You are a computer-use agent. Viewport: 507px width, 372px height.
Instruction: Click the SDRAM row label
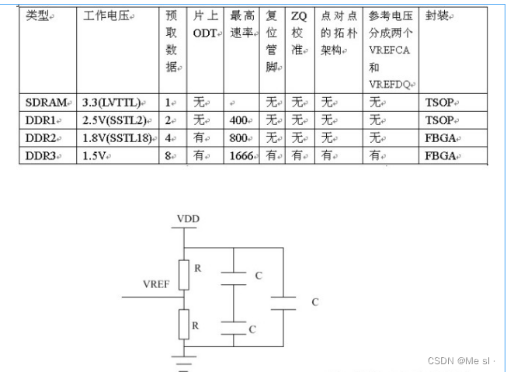45,103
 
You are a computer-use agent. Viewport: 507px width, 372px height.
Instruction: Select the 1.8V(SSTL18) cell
116,138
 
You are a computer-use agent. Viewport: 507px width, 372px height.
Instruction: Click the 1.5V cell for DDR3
97,156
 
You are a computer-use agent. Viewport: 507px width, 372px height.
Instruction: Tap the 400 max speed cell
241,120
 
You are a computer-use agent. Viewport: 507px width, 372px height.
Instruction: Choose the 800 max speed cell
241,138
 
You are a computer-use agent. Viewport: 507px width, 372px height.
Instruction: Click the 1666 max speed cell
244,156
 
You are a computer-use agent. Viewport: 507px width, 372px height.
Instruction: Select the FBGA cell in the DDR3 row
441,156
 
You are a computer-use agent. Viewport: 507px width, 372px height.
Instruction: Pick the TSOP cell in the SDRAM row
439,103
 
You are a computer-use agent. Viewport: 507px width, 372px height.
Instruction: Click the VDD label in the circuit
187,219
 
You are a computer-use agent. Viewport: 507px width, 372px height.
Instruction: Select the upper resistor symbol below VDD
183,273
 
